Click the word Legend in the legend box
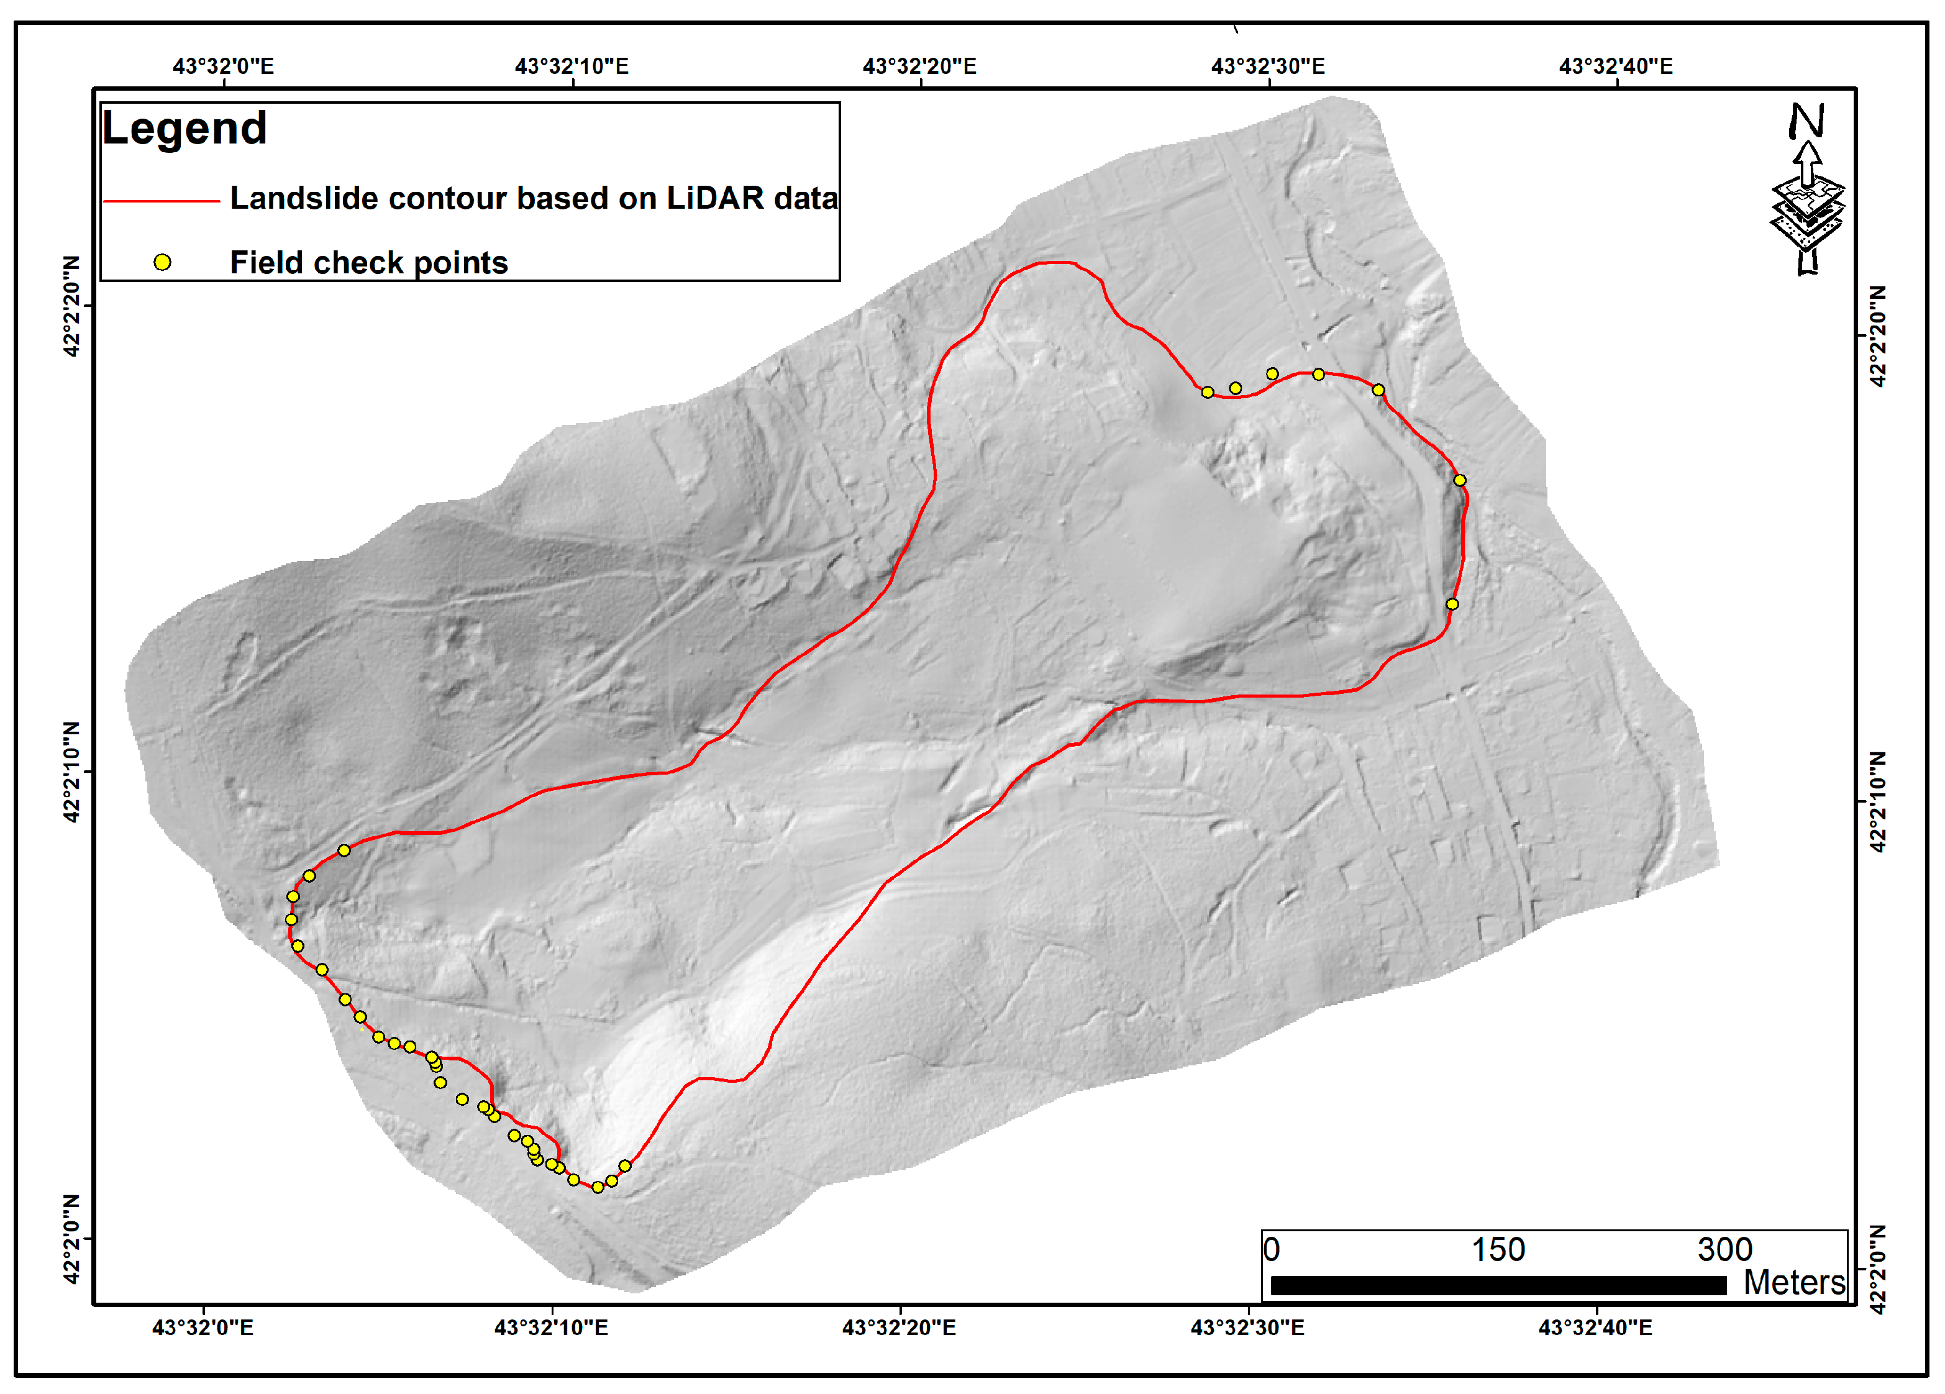(184, 129)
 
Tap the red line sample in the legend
(162, 201)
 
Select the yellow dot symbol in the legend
(162, 263)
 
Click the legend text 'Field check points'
(369, 263)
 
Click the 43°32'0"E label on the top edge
(223, 66)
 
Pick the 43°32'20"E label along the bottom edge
(899, 1327)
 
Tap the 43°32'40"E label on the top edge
(1616, 66)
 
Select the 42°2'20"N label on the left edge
(72, 306)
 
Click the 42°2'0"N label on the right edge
(1877, 1270)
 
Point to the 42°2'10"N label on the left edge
(72, 772)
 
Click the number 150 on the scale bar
(1498, 1250)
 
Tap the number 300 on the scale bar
(1724, 1250)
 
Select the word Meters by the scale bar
(1794, 1282)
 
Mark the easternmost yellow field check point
(1460, 480)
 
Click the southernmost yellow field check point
(598, 1187)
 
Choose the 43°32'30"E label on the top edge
(1267, 66)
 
